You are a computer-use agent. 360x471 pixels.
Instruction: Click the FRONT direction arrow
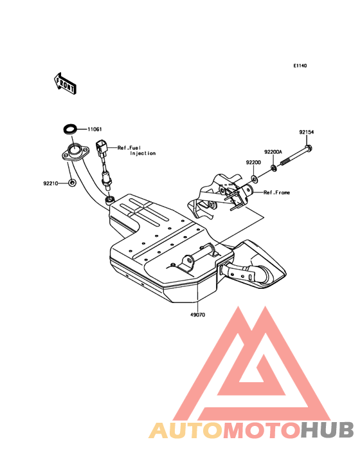(65, 84)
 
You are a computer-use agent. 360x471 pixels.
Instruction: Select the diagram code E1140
(300, 66)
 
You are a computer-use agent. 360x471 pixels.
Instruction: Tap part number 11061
(94, 129)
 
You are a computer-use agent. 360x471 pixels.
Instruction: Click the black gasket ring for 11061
(69, 129)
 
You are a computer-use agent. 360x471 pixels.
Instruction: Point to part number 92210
(51, 183)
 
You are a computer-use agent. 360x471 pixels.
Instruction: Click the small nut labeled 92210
(71, 182)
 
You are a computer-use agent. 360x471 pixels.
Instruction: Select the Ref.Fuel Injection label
(136, 150)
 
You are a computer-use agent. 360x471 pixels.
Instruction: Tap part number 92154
(306, 132)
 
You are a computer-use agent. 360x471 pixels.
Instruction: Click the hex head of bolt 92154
(309, 148)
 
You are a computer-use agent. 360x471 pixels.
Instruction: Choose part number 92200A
(273, 152)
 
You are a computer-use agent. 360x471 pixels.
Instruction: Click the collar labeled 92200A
(274, 168)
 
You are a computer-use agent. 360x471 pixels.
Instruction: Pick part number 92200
(253, 163)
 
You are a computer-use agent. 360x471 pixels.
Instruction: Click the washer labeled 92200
(255, 180)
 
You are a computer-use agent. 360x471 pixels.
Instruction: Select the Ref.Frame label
(276, 192)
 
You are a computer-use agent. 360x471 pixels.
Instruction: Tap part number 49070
(197, 315)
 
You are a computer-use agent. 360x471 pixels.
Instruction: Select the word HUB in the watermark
(327, 430)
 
